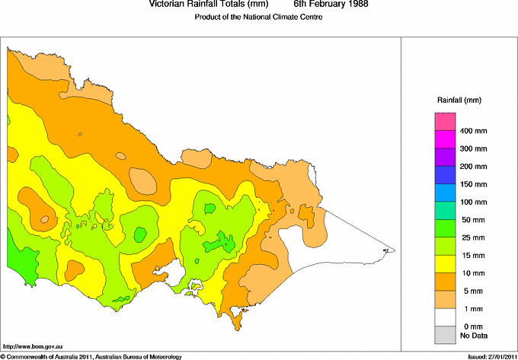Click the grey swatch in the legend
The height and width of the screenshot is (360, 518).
coord(445,334)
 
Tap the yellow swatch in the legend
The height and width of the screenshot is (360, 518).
coord(445,263)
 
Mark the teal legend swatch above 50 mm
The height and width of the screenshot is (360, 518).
coord(445,210)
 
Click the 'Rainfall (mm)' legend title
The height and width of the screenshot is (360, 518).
coord(459,100)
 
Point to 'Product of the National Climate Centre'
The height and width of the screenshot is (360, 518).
coord(259,17)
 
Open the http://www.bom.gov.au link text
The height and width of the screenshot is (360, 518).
coord(32,346)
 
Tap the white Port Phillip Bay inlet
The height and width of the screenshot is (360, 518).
coord(177,272)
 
